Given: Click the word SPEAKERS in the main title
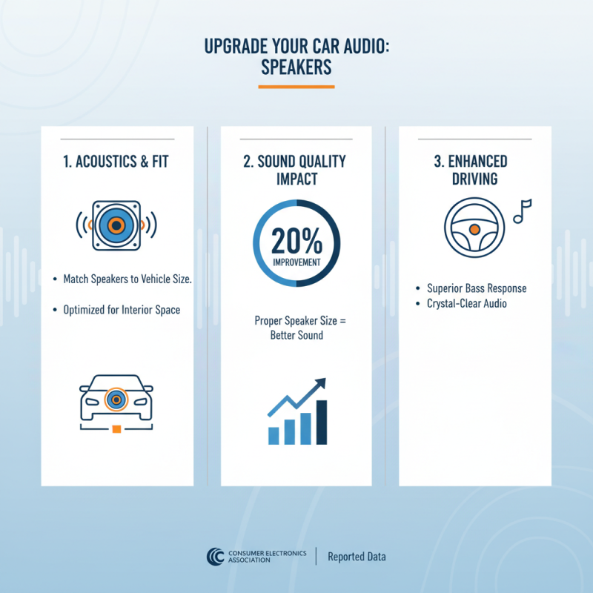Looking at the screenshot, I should pyautogui.click(x=296, y=67).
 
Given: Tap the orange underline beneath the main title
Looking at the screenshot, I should pyautogui.click(x=296, y=87).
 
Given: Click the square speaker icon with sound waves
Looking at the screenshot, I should pyautogui.click(x=116, y=224).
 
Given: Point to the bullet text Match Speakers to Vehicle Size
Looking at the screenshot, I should pyautogui.click(x=122, y=279).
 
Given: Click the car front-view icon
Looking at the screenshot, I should pyautogui.click(x=116, y=400).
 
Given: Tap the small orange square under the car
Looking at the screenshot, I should pyautogui.click(x=116, y=428).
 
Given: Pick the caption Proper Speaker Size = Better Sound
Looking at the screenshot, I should pyautogui.click(x=296, y=328).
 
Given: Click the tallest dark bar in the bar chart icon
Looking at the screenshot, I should pyautogui.click(x=322, y=423).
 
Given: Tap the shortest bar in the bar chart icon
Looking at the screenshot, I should pyautogui.click(x=273, y=435).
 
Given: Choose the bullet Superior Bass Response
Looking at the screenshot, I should pyautogui.click(x=477, y=288).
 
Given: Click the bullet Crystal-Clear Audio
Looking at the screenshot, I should pyautogui.click(x=467, y=303).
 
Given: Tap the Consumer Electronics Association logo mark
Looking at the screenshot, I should pyautogui.click(x=216, y=557).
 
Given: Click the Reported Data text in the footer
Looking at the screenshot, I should pyautogui.click(x=357, y=557).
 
